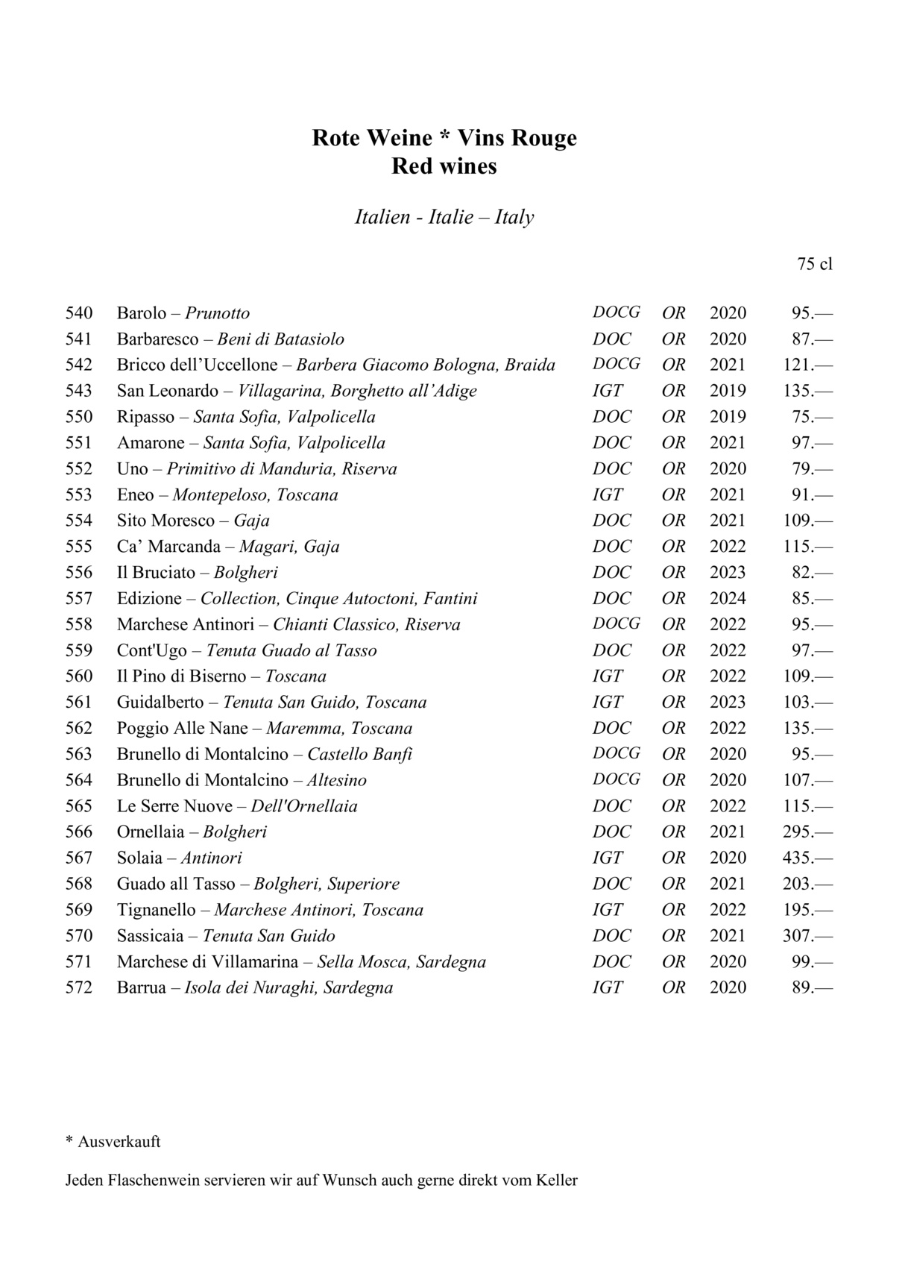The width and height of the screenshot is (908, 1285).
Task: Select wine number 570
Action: coord(79,935)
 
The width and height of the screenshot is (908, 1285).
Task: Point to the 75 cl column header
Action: coord(814,264)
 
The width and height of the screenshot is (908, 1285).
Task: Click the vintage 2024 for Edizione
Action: coord(728,598)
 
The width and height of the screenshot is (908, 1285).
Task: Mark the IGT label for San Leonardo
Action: coord(608,391)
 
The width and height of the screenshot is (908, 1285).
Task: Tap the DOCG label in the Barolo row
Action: coord(616,312)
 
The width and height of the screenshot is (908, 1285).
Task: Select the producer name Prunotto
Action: coord(218,313)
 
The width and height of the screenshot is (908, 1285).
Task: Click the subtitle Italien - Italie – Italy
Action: coord(444,217)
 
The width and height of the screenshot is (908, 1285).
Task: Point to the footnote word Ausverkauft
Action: coord(119,1142)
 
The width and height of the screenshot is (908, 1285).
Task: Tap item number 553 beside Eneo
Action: coord(79,494)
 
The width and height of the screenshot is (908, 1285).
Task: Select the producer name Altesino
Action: coord(337,780)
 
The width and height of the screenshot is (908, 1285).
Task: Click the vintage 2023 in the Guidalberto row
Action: coord(728,702)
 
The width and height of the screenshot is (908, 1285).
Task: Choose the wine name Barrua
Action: coord(142,987)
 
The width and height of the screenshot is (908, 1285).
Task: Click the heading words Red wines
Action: coord(444,166)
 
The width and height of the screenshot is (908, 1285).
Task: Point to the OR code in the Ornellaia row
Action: coord(673,832)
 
